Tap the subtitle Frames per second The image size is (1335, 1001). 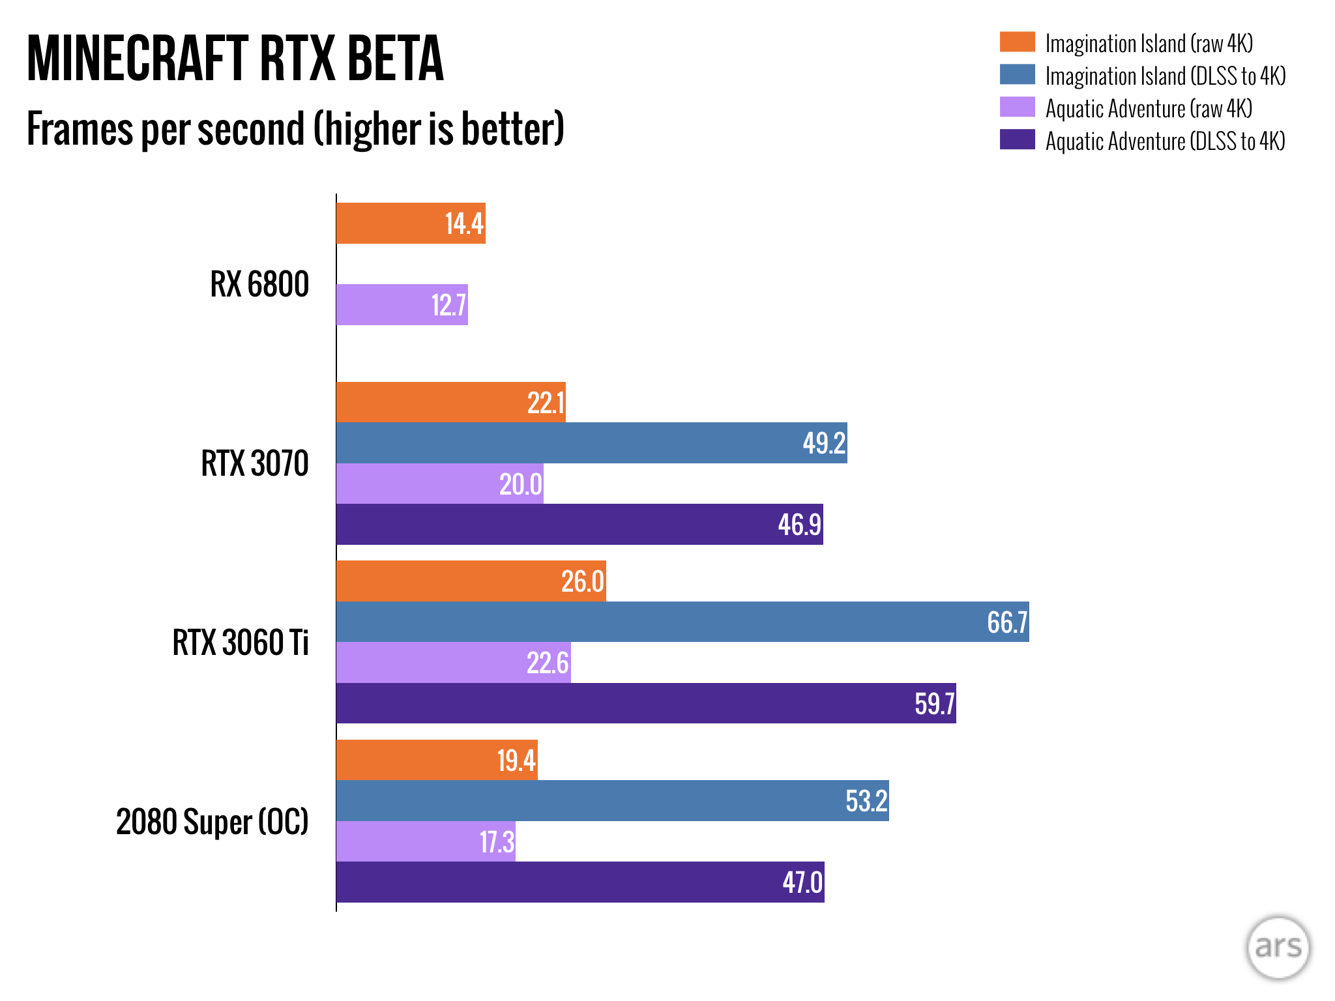(295, 128)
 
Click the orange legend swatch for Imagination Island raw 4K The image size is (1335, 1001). (1017, 42)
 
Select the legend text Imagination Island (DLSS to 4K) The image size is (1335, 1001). (1165, 76)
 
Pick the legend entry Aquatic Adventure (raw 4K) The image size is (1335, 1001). (1148, 108)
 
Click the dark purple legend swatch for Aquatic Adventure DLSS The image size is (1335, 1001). (1017, 140)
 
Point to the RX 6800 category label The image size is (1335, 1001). (259, 284)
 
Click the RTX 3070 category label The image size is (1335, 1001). (254, 463)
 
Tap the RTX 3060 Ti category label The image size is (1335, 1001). (240, 643)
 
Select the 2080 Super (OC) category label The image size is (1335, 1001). (212, 821)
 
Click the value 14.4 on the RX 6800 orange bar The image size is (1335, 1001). (464, 224)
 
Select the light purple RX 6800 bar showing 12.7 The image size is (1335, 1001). (402, 304)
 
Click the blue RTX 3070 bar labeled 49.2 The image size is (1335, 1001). (591, 443)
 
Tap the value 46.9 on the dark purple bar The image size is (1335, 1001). (799, 525)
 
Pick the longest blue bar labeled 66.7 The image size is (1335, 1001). (682, 622)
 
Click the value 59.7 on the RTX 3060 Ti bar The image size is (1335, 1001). (934, 704)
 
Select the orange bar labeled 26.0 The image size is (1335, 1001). (471, 581)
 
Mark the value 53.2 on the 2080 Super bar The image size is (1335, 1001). (866, 801)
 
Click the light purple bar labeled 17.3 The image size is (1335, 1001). (426, 841)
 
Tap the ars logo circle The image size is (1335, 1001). (1278, 948)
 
